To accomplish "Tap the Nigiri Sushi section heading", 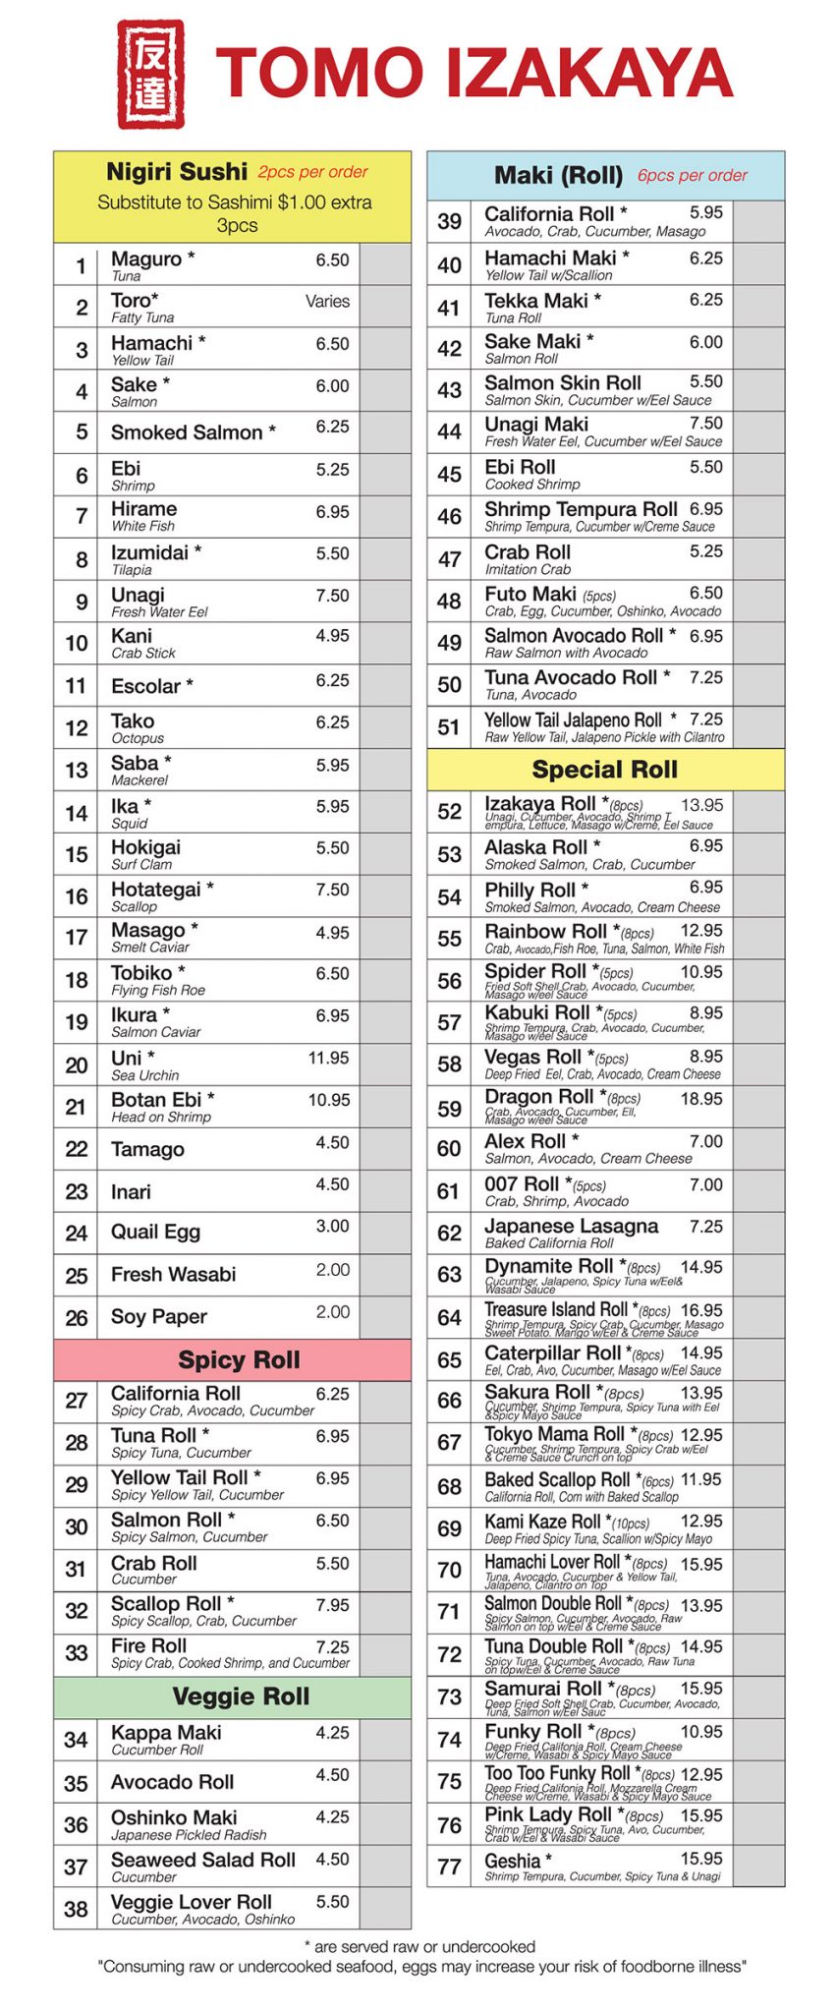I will click(x=177, y=172).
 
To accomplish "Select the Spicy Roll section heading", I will click(x=239, y=1360).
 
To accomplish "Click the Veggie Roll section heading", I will click(x=241, y=1697).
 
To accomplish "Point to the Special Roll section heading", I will click(x=605, y=770).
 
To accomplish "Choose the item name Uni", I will click(x=127, y=1058).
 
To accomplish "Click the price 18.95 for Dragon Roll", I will click(x=701, y=1099).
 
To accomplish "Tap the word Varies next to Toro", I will click(x=327, y=302).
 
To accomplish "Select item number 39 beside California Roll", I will click(x=449, y=222).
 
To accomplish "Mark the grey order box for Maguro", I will click(x=385, y=265).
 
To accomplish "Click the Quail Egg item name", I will click(x=155, y=1233).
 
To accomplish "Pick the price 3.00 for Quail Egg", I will click(x=332, y=1226).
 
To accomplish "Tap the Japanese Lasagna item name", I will click(x=571, y=1226).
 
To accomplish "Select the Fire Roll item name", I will click(x=148, y=1645).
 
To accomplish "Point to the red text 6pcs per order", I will click(x=692, y=176).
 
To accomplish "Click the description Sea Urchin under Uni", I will click(x=144, y=1075).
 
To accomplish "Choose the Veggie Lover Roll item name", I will click(x=191, y=1902).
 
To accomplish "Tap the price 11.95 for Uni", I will click(x=328, y=1059).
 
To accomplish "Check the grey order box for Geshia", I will click(x=758, y=1866).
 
